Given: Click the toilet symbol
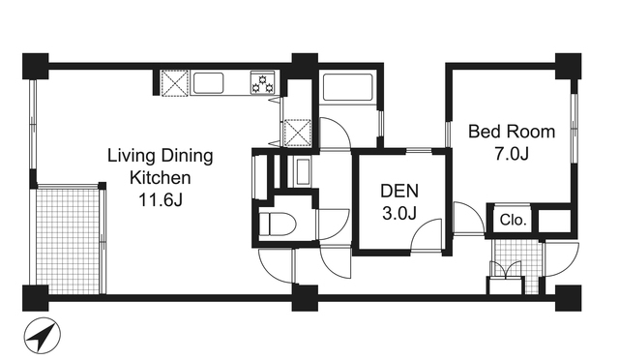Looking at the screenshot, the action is coord(278,225).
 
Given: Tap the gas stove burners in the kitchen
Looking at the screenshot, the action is coord(262,83).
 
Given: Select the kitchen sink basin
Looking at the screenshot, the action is coord(209,83).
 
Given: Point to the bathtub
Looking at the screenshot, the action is coord(348,87).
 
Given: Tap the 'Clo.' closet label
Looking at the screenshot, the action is coord(513,220).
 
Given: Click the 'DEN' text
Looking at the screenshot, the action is coord(399,191).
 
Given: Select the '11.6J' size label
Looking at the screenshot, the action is coord(161,200).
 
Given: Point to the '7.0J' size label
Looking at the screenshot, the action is coord(512,154).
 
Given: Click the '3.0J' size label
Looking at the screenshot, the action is coord(399,214).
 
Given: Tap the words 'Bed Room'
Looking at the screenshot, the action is coord(512,132).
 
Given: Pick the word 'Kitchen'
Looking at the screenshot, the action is coord(161,178).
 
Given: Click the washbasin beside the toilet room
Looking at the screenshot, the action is coord(303,171).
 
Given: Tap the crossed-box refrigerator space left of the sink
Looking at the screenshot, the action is coord(175,82).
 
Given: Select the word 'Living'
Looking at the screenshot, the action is coord(130,156).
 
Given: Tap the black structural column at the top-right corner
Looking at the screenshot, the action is coord(568,66).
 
